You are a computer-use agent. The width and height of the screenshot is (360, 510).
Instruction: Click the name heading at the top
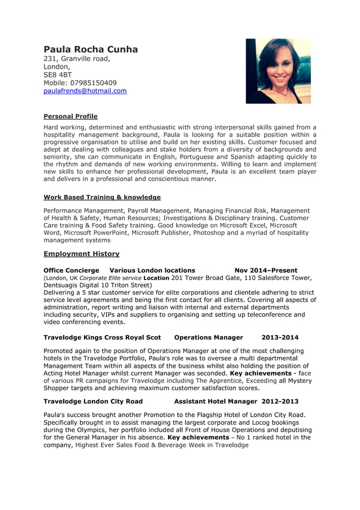point(91,50)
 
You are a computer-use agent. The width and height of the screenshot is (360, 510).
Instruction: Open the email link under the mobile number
point(85,91)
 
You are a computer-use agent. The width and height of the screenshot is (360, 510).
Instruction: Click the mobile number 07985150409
point(80,83)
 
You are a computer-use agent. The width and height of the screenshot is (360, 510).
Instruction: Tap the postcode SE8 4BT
point(58,75)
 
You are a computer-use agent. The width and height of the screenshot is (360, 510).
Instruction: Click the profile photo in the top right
point(278,71)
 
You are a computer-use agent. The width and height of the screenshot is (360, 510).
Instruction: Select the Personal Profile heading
point(71,116)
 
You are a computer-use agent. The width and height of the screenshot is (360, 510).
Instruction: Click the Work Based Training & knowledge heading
point(102,197)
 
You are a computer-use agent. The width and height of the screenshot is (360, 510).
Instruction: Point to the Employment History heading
point(81,254)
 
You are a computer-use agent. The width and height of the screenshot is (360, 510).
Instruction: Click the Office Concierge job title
point(71,271)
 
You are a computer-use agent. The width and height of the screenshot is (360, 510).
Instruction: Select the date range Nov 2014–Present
point(266,271)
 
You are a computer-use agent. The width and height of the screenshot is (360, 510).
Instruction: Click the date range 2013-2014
point(280,338)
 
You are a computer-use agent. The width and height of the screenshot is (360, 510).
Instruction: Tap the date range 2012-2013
point(280,402)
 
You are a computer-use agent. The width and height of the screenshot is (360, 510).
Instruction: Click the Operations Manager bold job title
point(208,338)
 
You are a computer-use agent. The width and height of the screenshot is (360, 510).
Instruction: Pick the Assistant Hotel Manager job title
point(216,402)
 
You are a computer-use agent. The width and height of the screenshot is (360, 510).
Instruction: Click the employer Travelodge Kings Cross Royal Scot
point(102,338)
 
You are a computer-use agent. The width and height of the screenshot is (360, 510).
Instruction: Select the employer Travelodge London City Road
point(93,402)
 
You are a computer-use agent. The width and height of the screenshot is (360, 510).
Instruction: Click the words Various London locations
point(152,271)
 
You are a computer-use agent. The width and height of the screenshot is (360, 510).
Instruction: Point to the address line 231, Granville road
point(77,59)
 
